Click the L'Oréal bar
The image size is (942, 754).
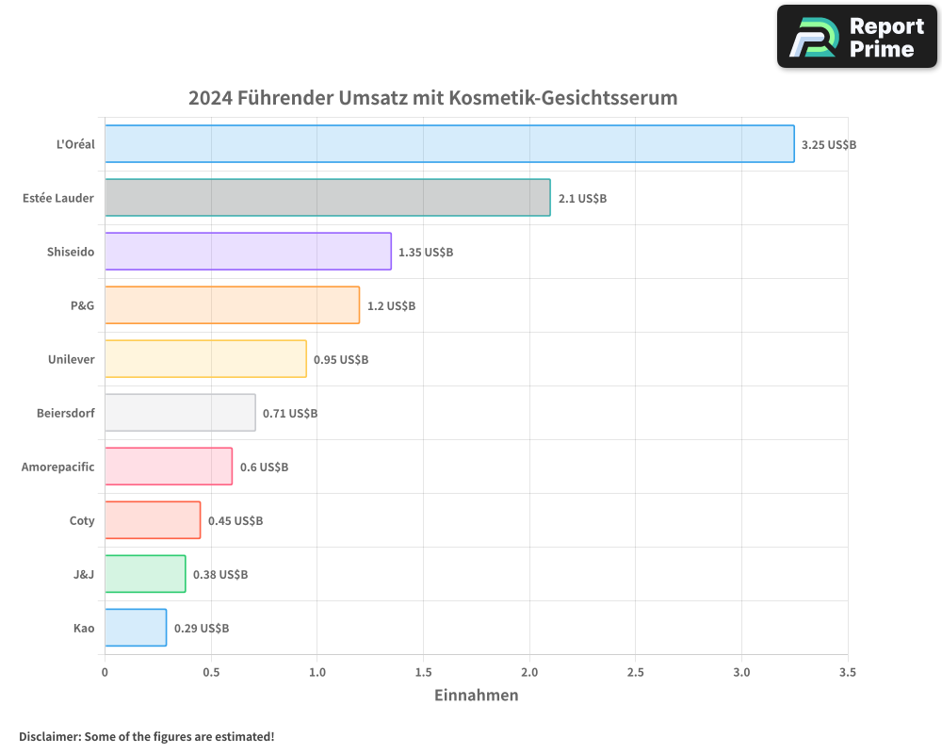point(449,144)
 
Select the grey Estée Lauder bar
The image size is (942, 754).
point(327,198)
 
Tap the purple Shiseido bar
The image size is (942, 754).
point(248,252)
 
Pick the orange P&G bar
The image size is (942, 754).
point(232,305)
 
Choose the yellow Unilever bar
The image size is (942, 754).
point(205,359)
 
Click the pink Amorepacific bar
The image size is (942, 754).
point(169,467)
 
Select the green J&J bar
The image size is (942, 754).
point(145,574)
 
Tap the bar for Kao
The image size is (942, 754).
point(136,628)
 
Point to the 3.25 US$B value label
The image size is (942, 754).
point(828,145)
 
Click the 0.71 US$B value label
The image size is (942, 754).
point(290,414)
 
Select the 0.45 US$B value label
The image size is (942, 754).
point(235,521)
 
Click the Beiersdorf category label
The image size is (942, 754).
point(66,413)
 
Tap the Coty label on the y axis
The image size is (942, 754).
point(82,520)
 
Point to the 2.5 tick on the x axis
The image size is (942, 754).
point(636,673)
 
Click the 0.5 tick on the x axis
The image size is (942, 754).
point(211,673)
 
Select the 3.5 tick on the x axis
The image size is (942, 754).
point(847,673)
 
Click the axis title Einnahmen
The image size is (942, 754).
point(476,696)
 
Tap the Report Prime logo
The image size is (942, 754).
point(856,37)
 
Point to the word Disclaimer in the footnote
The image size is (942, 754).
point(49,736)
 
